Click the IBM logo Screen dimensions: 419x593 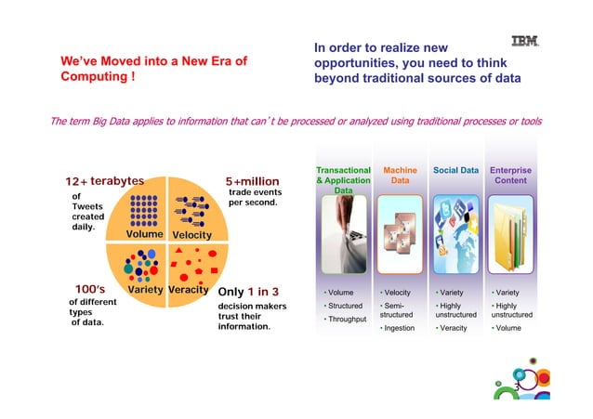coord(525,41)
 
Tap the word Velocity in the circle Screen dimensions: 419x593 coord(191,235)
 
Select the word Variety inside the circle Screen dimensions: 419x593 coord(145,290)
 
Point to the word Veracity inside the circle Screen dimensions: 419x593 coord(189,290)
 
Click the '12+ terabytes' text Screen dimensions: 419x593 coord(103,180)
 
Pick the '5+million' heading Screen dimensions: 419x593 coord(252,181)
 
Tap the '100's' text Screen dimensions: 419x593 coord(96,290)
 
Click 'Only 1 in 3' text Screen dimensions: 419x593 coord(247,292)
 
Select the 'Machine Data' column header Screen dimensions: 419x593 coord(400,176)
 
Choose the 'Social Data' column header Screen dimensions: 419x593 coord(455,171)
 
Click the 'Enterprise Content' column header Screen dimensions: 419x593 coord(510,176)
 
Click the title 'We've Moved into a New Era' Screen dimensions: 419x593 coord(153,70)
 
